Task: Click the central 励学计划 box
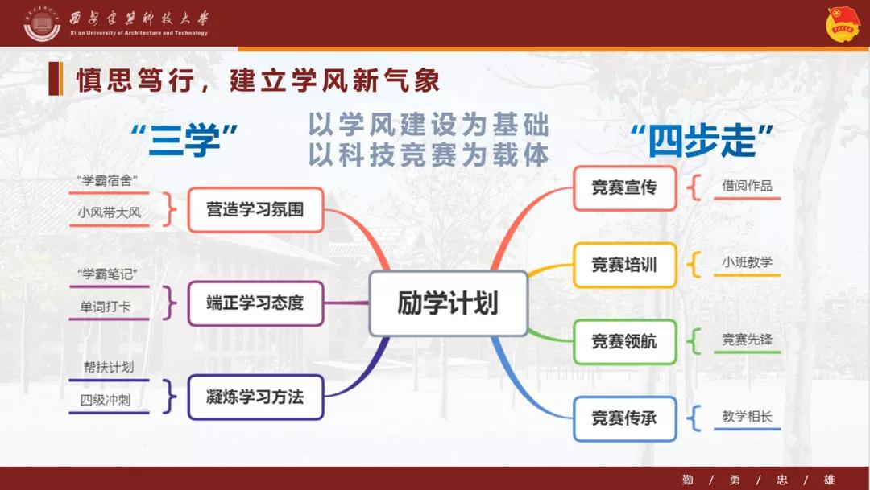click(x=449, y=303)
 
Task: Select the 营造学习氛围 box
click(x=255, y=209)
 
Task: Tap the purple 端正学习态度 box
click(x=255, y=303)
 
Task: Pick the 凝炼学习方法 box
click(x=255, y=397)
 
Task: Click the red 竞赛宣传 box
click(x=624, y=188)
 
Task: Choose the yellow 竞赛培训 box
click(x=624, y=265)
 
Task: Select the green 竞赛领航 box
click(x=624, y=341)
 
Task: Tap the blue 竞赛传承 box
click(x=624, y=418)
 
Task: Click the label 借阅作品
click(x=747, y=186)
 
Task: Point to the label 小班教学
click(x=747, y=262)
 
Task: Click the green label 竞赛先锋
click(x=747, y=340)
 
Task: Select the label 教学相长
click(x=747, y=416)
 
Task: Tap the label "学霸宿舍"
click(x=107, y=181)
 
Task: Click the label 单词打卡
click(x=106, y=307)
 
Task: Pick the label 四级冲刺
click(x=106, y=400)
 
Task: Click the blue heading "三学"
click(x=184, y=140)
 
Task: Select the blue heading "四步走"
click(x=702, y=141)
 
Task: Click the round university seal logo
click(x=42, y=23)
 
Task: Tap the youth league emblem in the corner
click(x=843, y=24)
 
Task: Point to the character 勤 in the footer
click(x=688, y=480)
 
